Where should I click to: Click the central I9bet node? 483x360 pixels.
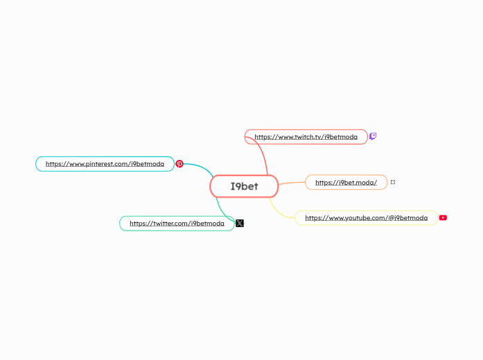tap(244, 186)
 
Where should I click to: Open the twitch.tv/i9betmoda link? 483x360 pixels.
tap(306, 137)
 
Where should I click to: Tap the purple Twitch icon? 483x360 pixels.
tap(373, 136)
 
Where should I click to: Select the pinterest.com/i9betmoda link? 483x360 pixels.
tap(105, 164)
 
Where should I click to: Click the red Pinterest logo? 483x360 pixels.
tap(179, 164)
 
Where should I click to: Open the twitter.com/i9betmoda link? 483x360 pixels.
tap(177, 224)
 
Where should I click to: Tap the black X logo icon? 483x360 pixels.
tap(240, 223)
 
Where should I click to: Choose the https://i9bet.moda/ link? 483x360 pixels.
tap(346, 182)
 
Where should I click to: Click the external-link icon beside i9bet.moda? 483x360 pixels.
tap(393, 182)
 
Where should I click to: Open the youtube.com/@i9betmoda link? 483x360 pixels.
tap(366, 218)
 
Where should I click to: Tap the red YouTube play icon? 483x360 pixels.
tap(443, 217)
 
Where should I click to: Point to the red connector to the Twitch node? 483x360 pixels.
tap(265, 156)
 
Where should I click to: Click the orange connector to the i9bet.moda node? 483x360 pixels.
tap(292, 183)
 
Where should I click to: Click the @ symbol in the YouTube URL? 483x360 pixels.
tap(392, 218)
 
